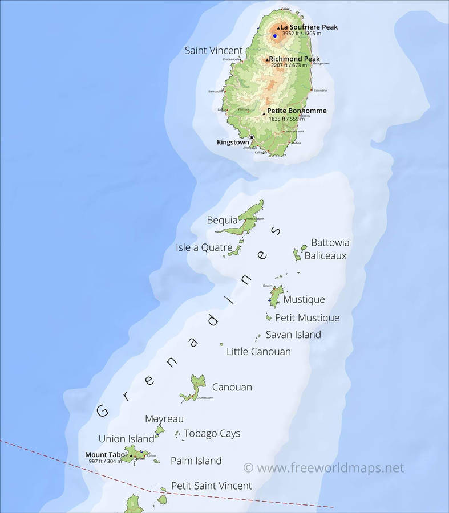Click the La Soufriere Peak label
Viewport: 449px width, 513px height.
[309, 27]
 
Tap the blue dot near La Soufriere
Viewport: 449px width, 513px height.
[274, 36]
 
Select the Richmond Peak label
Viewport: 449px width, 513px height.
[294, 59]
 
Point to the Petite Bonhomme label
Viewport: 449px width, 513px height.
[297, 111]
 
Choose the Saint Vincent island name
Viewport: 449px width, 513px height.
[214, 51]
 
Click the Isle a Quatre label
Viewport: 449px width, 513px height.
[204, 247]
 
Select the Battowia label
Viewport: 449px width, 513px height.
[330, 243]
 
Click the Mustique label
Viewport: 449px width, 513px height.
[304, 299]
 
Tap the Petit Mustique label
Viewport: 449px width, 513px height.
[307, 317]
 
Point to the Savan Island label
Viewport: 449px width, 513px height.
[293, 335]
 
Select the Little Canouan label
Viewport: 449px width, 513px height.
[258, 352]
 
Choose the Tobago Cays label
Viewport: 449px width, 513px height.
[212, 434]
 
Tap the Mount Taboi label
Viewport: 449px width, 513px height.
[106, 454]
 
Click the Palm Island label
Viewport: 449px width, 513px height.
[196, 461]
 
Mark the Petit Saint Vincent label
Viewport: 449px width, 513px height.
[211, 486]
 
